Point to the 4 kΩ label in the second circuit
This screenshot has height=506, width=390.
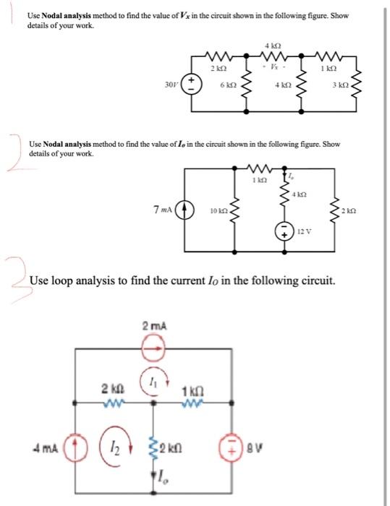(x=301, y=194)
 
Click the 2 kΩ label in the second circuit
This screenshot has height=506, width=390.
(x=351, y=210)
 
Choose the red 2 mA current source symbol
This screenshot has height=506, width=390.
(x=153, y=349)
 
